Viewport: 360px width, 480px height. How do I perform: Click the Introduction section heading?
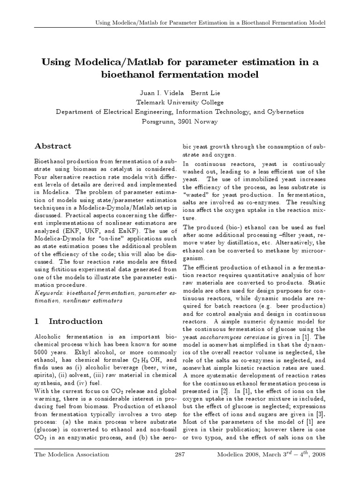click(x=75, y=322)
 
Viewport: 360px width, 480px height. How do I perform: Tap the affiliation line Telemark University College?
click(x=180, y=103)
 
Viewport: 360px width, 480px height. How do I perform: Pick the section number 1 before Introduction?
click(x=37, y=322)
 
